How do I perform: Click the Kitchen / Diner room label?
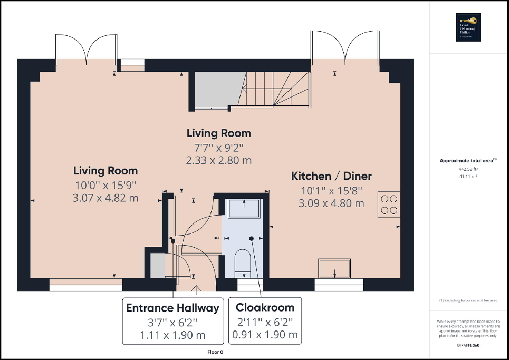click(x=332, y=176)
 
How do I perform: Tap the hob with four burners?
click(x=389, y=205)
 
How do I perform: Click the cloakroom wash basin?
click(x=244, y=208)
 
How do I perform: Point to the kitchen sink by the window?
click(x=334, y=268)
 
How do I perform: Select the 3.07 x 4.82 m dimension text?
click(x=105, y=198)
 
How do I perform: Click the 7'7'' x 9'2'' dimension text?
click(x=219, y=148)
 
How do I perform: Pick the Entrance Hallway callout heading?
click(x=172, y=308)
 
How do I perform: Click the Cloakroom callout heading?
click(x=265, y=307)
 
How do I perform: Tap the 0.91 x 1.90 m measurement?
click(x=265, y=335)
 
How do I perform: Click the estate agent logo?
click(x=466, y=27)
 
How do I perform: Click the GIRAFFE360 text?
click(x=468, y=344)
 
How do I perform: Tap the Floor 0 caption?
click(x=215, y=352)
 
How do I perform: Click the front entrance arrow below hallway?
click(x=197, y=289)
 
